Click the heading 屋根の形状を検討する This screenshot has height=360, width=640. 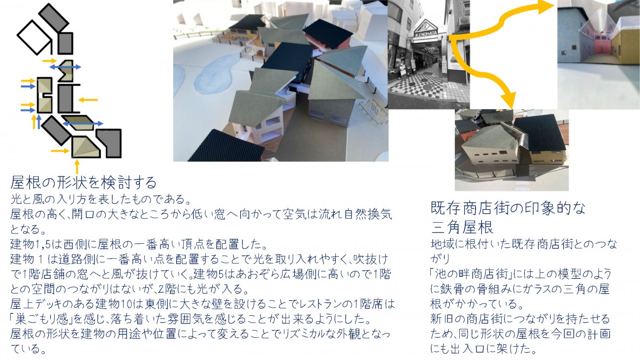[x=83, y=182]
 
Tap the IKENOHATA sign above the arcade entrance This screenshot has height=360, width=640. [x=426, y=33]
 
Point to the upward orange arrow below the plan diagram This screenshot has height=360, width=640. [x=77, y=167]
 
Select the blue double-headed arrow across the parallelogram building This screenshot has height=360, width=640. [x=83, y=124]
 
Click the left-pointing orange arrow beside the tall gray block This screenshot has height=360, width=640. [x=88, y=100]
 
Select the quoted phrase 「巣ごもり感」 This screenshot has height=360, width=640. [x=41, y=319]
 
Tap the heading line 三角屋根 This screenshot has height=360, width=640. [x=462, y=227]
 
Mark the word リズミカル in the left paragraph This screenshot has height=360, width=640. [x=310, y=334]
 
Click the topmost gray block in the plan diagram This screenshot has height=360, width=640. [x=54, y=18]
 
